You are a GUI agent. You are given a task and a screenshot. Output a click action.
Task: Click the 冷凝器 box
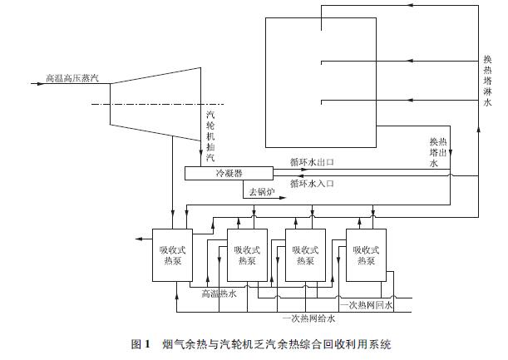click(x=229, y=173)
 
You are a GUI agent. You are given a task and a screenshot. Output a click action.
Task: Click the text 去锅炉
click(x=260, y=192)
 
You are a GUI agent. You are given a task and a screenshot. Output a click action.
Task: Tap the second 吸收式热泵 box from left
click(x=247, y=254)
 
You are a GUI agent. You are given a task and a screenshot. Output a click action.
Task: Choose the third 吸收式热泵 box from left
click(x=305, y=254)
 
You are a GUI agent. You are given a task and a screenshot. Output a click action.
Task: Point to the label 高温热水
click(x=219, y=293)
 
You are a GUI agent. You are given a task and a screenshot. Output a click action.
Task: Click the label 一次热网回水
click(x=366, y=305)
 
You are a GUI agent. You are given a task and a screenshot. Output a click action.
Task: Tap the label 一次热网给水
click(x=308, y=318)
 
